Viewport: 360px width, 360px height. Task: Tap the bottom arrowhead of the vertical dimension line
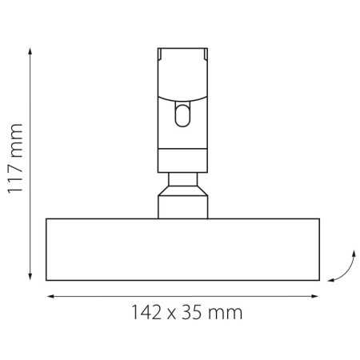click(x=30, y=278)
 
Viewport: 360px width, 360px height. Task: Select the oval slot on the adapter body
click(x=183, y=116)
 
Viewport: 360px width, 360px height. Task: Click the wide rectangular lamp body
click(x=182, y=249)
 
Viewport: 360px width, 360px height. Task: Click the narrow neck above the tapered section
click(x=182, y=179)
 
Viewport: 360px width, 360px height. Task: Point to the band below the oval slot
click(x=182, y=159)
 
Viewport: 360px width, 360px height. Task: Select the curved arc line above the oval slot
click(x=182, y=98)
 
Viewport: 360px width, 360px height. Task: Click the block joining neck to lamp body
click(x=182, y=210)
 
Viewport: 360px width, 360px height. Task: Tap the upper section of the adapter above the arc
click(x=182, y=72)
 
